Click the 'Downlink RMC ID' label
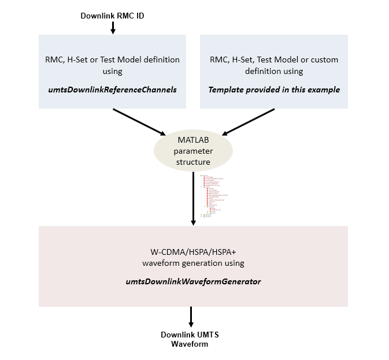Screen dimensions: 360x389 [x=112, y=16]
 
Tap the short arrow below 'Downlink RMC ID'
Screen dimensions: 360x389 [x=113, y=27]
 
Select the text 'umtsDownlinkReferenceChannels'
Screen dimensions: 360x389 [x=112, y=90]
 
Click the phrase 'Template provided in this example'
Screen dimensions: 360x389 [x=274, y=90]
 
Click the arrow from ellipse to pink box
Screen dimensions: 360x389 [x=193, y=196]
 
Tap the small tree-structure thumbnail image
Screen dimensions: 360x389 [x=213, y=196]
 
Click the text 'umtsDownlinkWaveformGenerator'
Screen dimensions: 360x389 [x=193, y=281]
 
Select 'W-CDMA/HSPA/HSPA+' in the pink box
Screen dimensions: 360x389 [x=193, y=253]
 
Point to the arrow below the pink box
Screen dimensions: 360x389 [x=191, y=317]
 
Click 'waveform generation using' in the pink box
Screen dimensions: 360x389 [x=193, y=263]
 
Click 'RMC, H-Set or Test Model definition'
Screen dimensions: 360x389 [x=112, y=60]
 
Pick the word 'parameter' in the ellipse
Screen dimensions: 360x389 [x=193, y=150]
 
